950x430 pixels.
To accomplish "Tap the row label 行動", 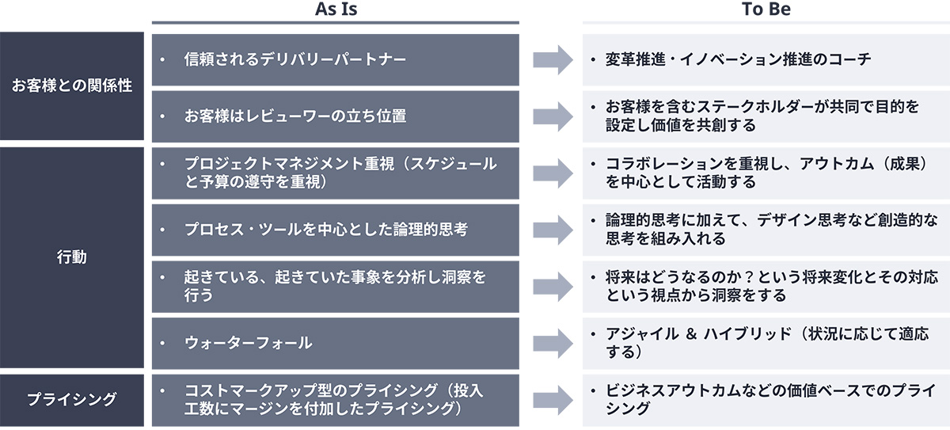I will coord(72,257).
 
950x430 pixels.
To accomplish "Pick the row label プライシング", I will coord(72,399).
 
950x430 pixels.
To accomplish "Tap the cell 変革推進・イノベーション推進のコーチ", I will coord(766,59).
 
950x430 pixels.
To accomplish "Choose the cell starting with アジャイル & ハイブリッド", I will coord(766,343).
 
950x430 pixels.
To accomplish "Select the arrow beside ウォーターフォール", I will coord(552,343).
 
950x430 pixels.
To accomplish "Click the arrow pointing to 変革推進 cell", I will coord(552,59).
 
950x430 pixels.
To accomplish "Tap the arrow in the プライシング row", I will coord(552,400).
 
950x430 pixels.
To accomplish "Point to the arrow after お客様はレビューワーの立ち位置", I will coord(552,116).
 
